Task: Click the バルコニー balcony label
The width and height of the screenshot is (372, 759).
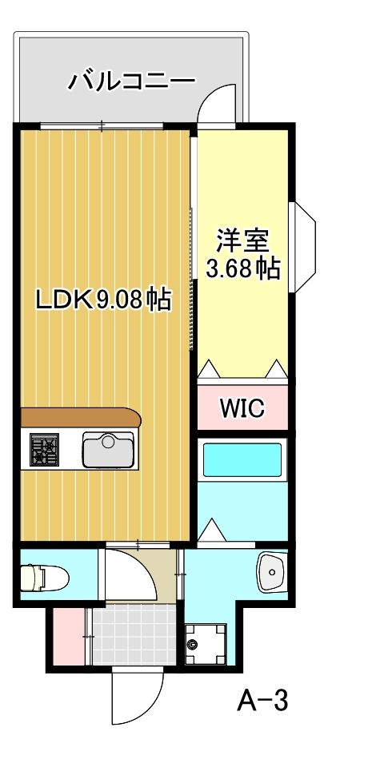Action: pyautogui.click(x=131, y=80)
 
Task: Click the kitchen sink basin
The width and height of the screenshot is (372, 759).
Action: pyautogui.click(x=108, y=450)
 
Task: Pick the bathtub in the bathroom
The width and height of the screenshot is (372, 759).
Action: pyautogui.click(x=241, y=460)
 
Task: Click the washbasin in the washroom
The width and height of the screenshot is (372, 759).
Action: pyautogui.click(x=271, y=571)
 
